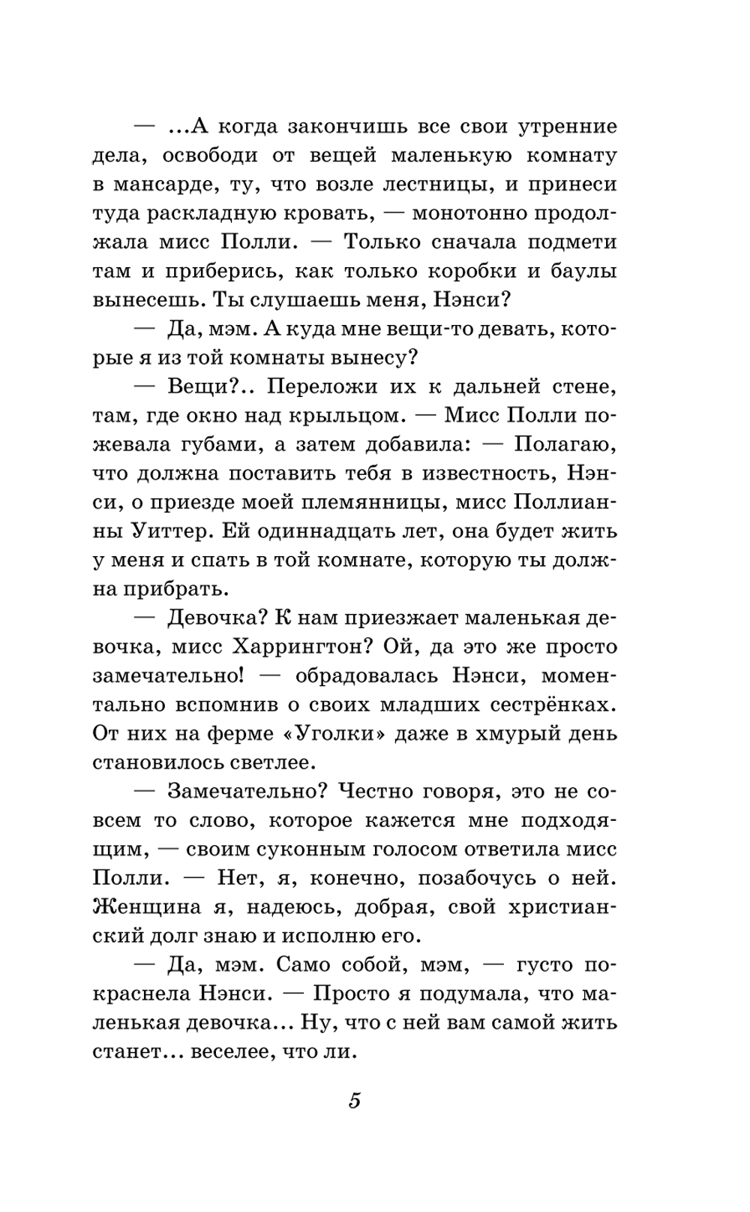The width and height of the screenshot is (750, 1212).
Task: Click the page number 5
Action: (x=355, y=1101)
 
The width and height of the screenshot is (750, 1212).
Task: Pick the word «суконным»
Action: (x=310, y=850)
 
